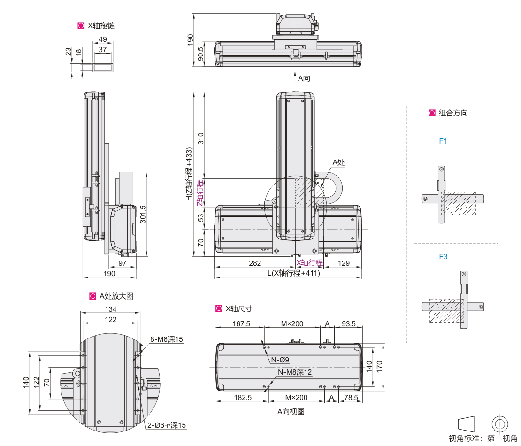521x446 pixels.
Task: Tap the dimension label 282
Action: [x=255, y=263]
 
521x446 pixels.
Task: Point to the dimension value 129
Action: [x=344, y=263]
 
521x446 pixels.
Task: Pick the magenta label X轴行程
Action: [x=309, y=263]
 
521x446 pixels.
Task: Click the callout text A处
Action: [x=339, y=162]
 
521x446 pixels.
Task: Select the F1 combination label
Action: [x=443, y=141]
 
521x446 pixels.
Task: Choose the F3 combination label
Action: [x=443, y=257]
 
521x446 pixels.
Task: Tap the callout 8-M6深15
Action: [x=166, y=339]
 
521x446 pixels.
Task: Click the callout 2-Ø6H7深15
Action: [x=167, y=425]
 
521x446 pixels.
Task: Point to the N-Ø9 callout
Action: [x=280, y=360]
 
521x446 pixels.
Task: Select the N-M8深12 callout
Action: [x=295, y=372]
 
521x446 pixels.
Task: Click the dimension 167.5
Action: [x=242, y=324]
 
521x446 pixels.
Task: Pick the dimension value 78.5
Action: [x=350, y=397]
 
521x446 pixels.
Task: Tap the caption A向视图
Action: [x=291, y=412]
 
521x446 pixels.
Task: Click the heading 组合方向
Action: [x=453, y=113]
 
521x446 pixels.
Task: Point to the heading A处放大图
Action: [x=116, y=296]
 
